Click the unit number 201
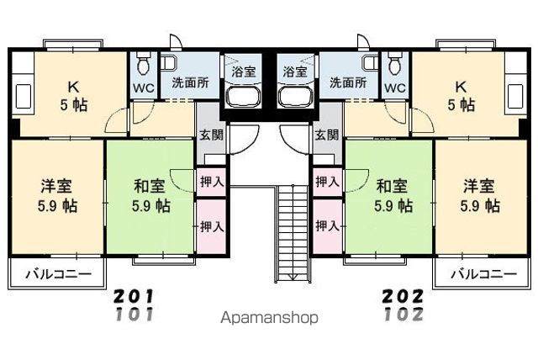pyautogui.click(x=134, y=297)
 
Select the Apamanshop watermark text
pyautogui.click(x=269, y=319)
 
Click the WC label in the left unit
pyautogui.click(x=143, y=87)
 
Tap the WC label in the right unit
pyautogui.click(x=395, y=87)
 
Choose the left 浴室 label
pyautogui.click(x=242, y=71)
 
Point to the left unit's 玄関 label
pyautogui.click(x=210, y=135)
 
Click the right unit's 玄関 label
pyautogui.click(x=326, y=135)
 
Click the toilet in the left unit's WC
pyautogui.click(x=143, y=64)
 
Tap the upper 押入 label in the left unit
pyautogui.click(x=210, y=181)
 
